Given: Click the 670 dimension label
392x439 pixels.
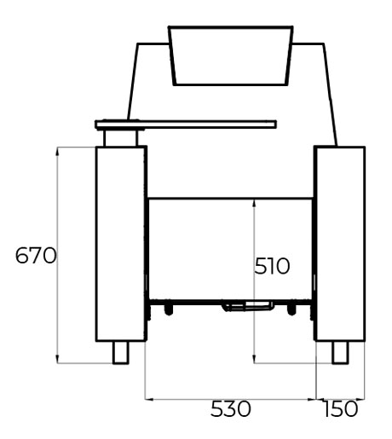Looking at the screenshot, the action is coord(36,256).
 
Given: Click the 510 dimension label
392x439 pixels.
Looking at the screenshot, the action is coord(272,266).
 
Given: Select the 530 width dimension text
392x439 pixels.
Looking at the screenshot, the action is coord(231,409).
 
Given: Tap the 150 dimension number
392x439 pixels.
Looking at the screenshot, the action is coord(341,409).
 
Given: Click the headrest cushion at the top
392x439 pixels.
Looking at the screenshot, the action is coord(231,55).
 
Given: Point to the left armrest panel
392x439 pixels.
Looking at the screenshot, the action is coord(121,244).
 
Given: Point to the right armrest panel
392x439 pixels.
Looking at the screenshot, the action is coord(340,244).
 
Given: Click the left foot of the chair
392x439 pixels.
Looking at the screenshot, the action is coord(121,352).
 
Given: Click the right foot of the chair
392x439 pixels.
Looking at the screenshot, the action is coord(340,352).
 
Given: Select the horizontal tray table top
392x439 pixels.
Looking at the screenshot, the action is coord(186,124).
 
